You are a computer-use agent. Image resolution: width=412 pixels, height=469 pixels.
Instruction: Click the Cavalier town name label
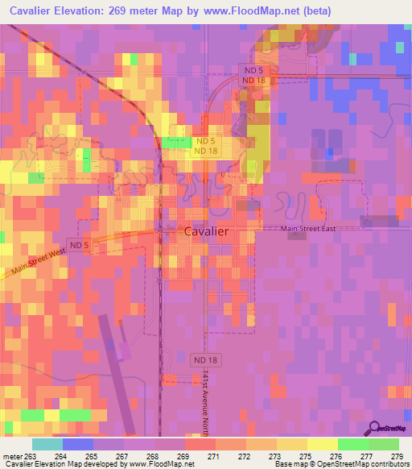[206, 230]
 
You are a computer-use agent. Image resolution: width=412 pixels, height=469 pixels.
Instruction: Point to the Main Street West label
[32, 265]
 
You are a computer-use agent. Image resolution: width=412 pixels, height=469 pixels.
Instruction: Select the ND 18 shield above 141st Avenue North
[206, 359]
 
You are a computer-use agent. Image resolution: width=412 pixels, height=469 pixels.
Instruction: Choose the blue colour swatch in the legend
[77, 444]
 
